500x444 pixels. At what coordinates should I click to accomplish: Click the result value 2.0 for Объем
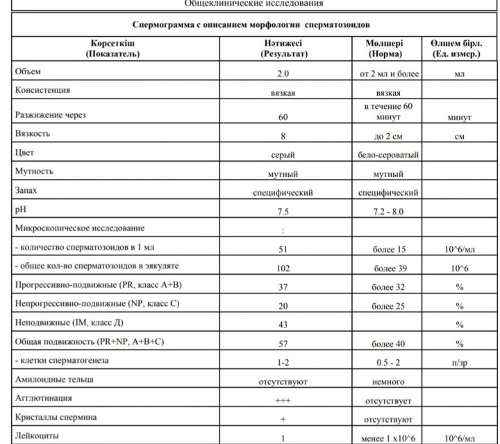(x=282, y=73)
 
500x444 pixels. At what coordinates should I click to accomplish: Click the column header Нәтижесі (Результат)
(x=282, y=49)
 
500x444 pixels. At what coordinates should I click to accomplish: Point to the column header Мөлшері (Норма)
(x=392, y=49)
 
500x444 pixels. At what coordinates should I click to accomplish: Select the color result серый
(x=282, y=155)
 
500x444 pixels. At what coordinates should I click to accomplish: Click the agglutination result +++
(x=282, y=400)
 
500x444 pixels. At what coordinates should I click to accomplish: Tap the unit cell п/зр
(x=458, y=362)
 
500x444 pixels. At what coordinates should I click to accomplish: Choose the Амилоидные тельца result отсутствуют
(x=282, y=382)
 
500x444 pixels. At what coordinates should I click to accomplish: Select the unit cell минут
(x=458, y=118)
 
